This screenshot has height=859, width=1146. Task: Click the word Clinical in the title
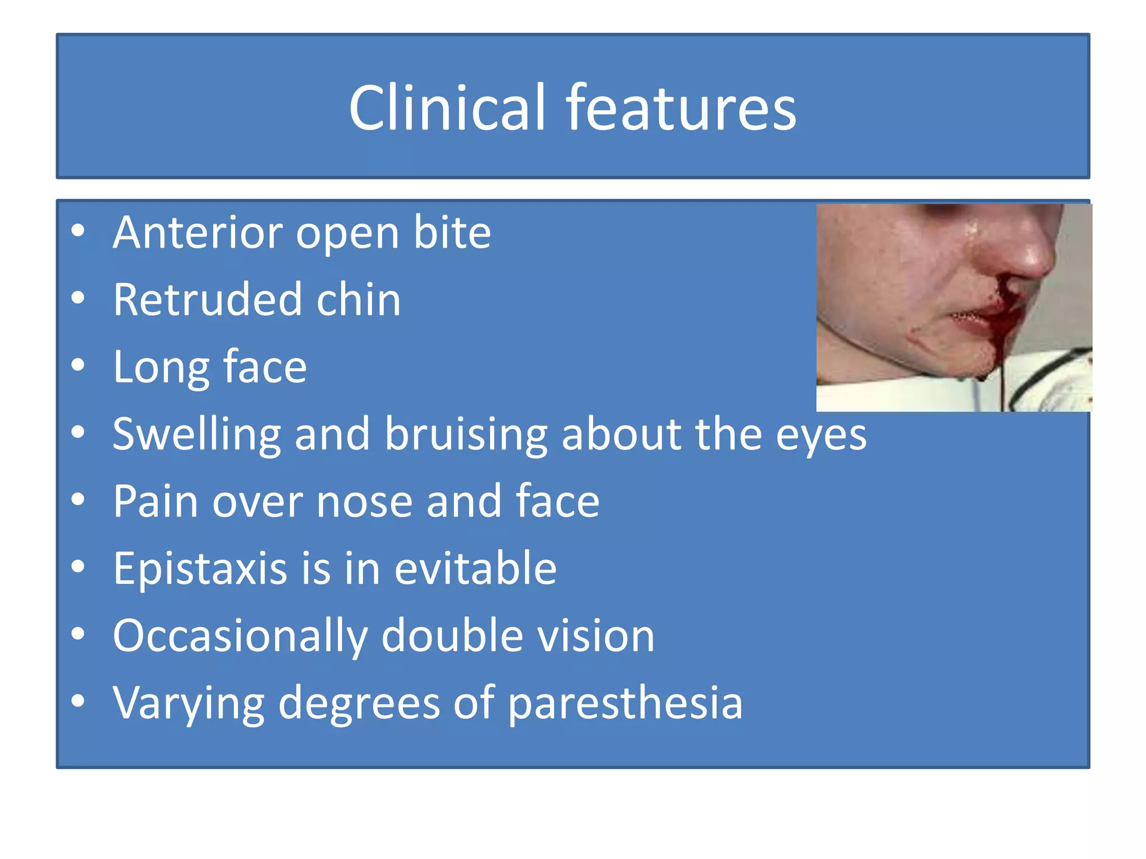click(447, 107)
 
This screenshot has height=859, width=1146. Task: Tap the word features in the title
click(680, 107)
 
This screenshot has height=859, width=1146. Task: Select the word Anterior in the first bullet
click(198, 232)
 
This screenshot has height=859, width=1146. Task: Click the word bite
click(452, 232)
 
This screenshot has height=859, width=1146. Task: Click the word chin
click(359, 300)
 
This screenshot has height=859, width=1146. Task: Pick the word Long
click(161, 367)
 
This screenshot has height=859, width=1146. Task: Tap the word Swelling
click(196, 435)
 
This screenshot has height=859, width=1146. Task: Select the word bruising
click(466, 435)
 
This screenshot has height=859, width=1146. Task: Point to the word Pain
click(155, 501)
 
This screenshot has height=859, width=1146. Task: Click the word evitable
click(475, 569)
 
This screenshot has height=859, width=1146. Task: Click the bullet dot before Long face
click(78, 365)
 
